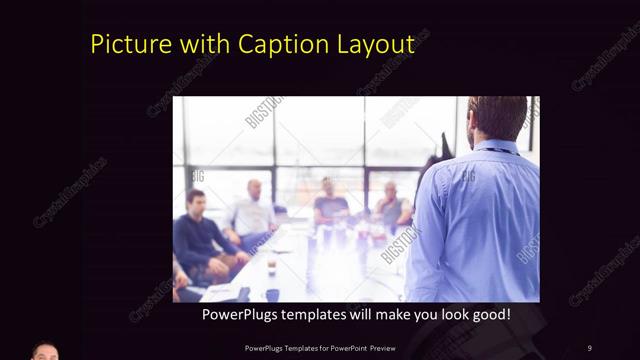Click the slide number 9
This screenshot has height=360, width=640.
[589, 347]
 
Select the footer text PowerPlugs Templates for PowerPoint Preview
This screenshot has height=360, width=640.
[319, 347]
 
